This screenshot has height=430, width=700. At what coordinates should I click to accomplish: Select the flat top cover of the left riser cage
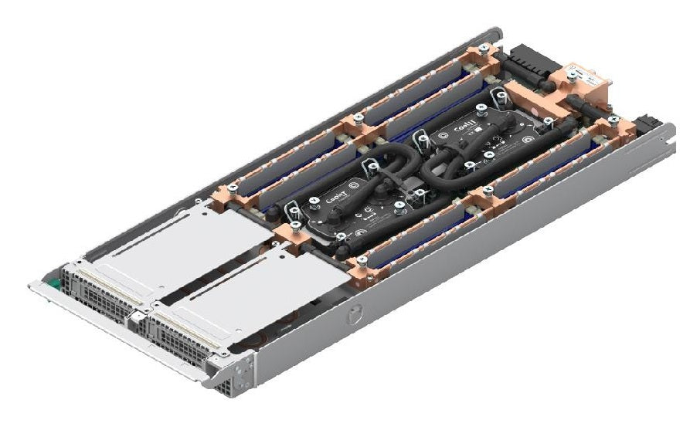[x=155, y=232]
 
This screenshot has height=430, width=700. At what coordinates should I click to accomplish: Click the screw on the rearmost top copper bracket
[x=483, y=48]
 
